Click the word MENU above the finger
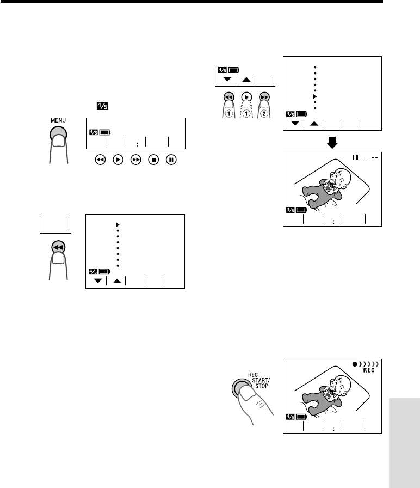[58, 120]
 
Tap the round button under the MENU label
[58, 135]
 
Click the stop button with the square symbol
[153, 160]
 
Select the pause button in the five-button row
[171, 160]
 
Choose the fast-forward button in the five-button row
[135, 160]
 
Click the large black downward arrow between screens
[332, 143]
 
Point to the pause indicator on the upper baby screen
[355, 157]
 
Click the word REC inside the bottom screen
[369, 370]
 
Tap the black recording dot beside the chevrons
[355, 364]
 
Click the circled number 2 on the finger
[264, 114]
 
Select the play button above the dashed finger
[246, 97]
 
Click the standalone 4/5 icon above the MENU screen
[102, 106]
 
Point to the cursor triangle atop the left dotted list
[118, 225]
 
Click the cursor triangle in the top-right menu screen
[314, 96]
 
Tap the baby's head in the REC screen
[341, 385]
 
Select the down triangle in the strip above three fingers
[227, 80]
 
